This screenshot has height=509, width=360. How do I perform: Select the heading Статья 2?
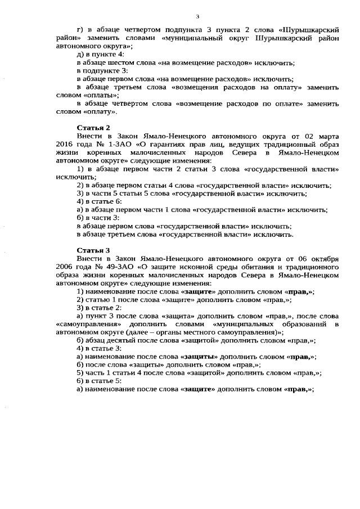[x=93, y=127]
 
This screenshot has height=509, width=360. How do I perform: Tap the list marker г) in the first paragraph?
[x=80, y=29]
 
